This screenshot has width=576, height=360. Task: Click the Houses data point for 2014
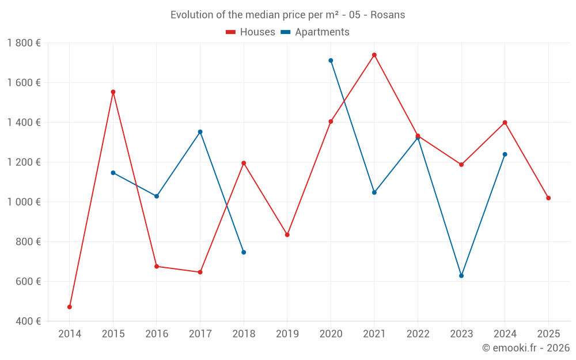tap(70, 307)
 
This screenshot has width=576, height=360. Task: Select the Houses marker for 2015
tap(113, 92)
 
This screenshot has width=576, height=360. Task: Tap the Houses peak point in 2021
tap(374, 55)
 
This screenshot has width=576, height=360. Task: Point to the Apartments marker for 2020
tap(331, 60)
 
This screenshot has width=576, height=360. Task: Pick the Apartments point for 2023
tap(461, 276)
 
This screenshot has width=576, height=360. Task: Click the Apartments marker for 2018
tap(244, 252)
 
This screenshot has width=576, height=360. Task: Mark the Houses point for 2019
tap(287, 235)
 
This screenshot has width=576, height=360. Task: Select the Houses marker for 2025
tap(548, 198)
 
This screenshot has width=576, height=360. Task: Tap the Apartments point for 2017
tap(200, 132)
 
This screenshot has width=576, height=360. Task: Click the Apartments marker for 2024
tap(505, 154)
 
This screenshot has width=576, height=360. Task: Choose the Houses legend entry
tap(251, 32)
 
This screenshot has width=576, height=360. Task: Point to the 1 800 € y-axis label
tap(24, 43)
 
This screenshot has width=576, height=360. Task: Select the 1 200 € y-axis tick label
tap(24, 162)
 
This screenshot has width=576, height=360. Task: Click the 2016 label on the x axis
tap(157, 334)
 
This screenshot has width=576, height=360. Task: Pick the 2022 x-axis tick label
tap(418, 334)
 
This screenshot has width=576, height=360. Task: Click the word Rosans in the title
tap(388, 15)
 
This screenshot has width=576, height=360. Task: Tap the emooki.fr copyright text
tap(526, 348)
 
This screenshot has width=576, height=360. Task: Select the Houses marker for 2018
tap(244, 163)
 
